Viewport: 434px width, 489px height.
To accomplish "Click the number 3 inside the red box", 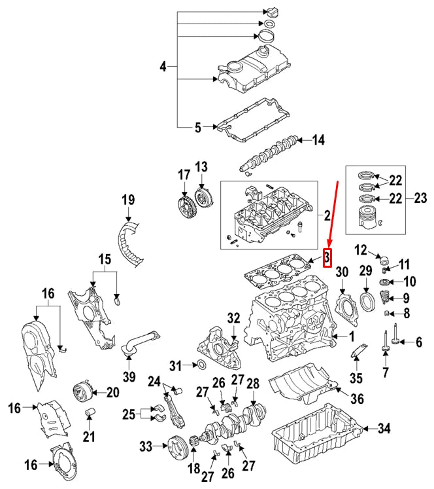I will click(328, 258).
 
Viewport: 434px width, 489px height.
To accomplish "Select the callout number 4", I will click(163, 66).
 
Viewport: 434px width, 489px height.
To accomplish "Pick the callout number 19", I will click(127, 199).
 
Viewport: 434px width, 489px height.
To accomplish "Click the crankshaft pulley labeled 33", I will click(176, 448).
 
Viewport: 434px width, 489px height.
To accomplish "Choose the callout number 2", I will click(327, 214).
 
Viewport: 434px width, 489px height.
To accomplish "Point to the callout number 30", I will click(342, 272).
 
